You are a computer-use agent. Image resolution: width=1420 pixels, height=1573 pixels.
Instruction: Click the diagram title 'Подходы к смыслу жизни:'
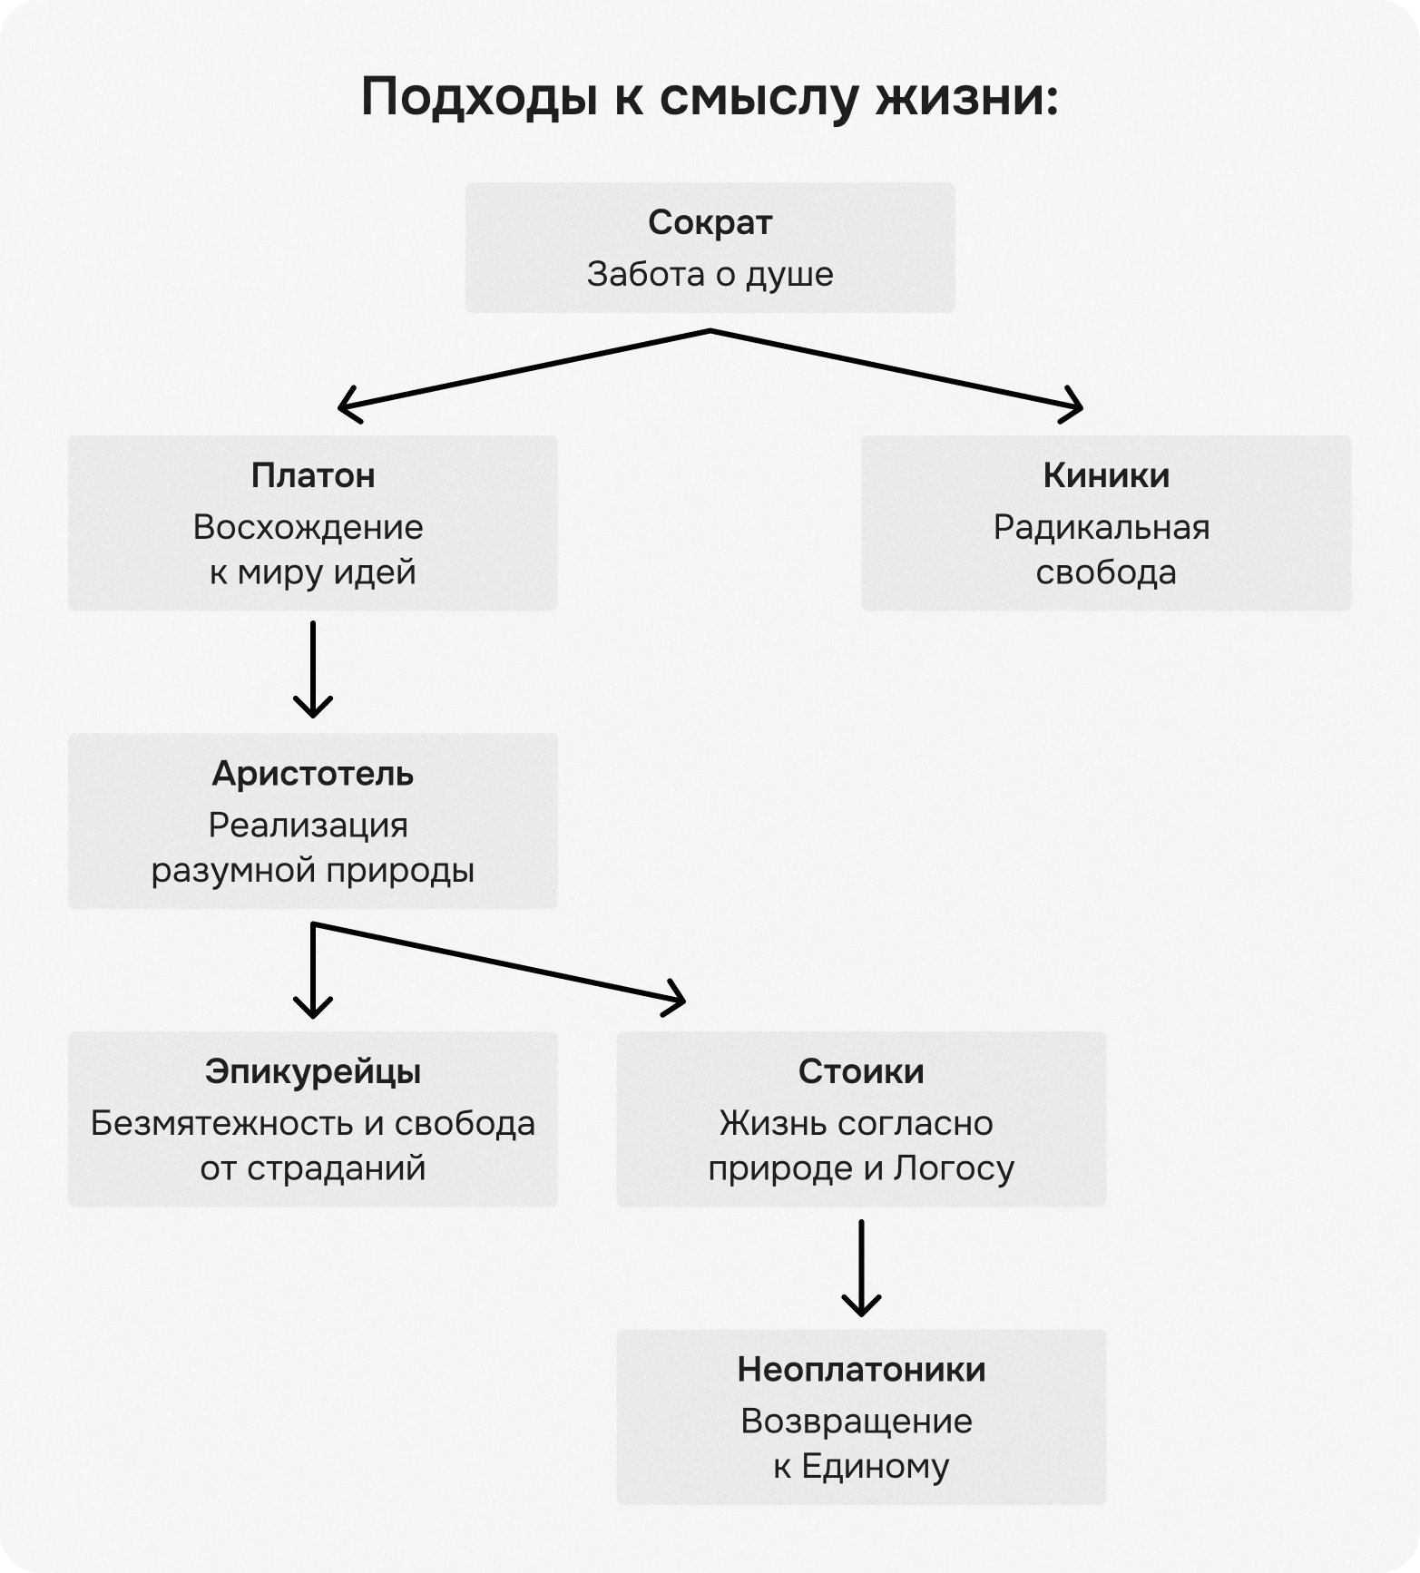[710, 97]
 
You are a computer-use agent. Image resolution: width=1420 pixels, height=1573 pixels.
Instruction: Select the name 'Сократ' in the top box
[710, 222]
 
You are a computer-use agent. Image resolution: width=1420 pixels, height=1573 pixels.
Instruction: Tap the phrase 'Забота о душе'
[710, 274]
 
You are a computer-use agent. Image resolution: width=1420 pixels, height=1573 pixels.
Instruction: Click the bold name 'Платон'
[313, 475]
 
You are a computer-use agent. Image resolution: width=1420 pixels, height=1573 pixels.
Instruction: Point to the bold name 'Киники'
[1106, 475]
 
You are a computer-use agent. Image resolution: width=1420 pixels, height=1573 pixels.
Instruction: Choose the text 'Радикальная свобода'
[1103, 550]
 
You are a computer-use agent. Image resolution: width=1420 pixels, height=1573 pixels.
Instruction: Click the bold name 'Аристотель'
[313, 774]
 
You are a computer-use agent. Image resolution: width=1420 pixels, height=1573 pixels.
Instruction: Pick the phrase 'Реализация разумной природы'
[313, 847]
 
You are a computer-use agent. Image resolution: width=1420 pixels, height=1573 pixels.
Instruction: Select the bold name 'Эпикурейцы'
[313, 1072]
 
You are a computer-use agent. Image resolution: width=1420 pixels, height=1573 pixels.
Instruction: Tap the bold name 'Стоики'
[861, 1072]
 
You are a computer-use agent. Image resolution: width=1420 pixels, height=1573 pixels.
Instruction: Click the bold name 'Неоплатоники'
[861, 1370]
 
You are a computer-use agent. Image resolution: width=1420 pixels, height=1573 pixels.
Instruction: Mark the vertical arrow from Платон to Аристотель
[313, 669]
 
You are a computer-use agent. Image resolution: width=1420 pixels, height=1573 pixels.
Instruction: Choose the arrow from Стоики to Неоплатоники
[861, 1267]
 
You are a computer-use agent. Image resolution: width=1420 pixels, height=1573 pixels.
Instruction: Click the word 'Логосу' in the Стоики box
[954, 1168]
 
